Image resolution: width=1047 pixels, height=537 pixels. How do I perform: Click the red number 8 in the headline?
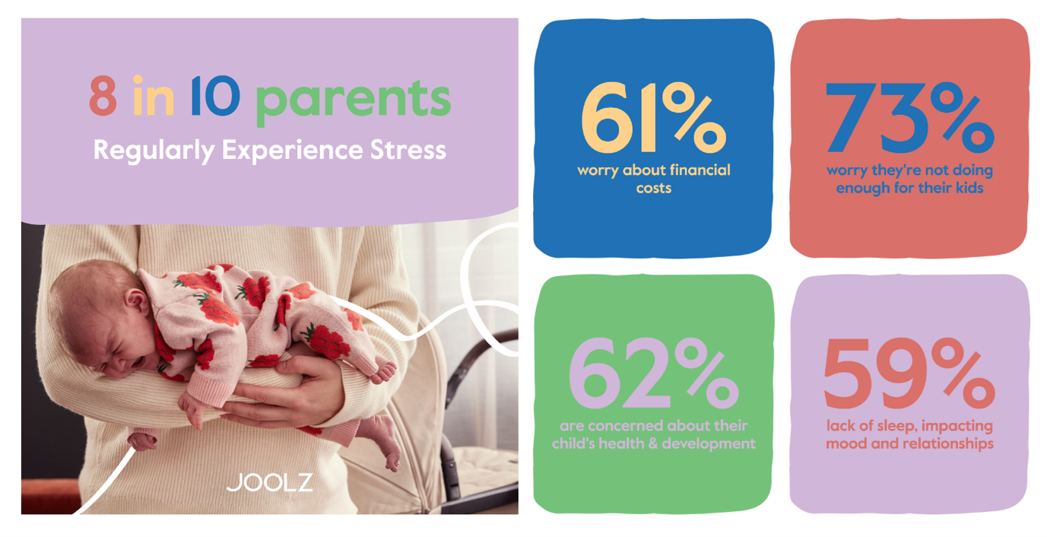point(103,96)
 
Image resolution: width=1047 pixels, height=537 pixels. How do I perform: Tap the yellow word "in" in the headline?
point(154,95)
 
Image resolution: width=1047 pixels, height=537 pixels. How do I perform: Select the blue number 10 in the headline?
point(215,96)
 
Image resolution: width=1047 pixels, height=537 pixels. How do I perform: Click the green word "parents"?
point(354,100)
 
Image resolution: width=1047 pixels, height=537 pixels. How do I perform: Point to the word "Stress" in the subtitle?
point(408,150)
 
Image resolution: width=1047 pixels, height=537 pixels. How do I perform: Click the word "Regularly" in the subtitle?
point(154,151)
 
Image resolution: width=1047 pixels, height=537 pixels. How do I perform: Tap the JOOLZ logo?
point(270,483)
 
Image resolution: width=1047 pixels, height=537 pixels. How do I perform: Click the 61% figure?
point(653,118)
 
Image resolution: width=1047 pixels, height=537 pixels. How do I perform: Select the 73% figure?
point(910,118)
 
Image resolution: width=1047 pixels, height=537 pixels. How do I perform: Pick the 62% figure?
point(653,373)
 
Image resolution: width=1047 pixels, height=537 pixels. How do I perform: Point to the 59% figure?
point(909,373)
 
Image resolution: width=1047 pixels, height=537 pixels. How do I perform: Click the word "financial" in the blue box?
point(700,170)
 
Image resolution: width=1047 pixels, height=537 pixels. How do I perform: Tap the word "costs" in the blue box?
point(654,188)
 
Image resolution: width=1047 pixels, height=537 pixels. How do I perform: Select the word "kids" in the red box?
point(966,188)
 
